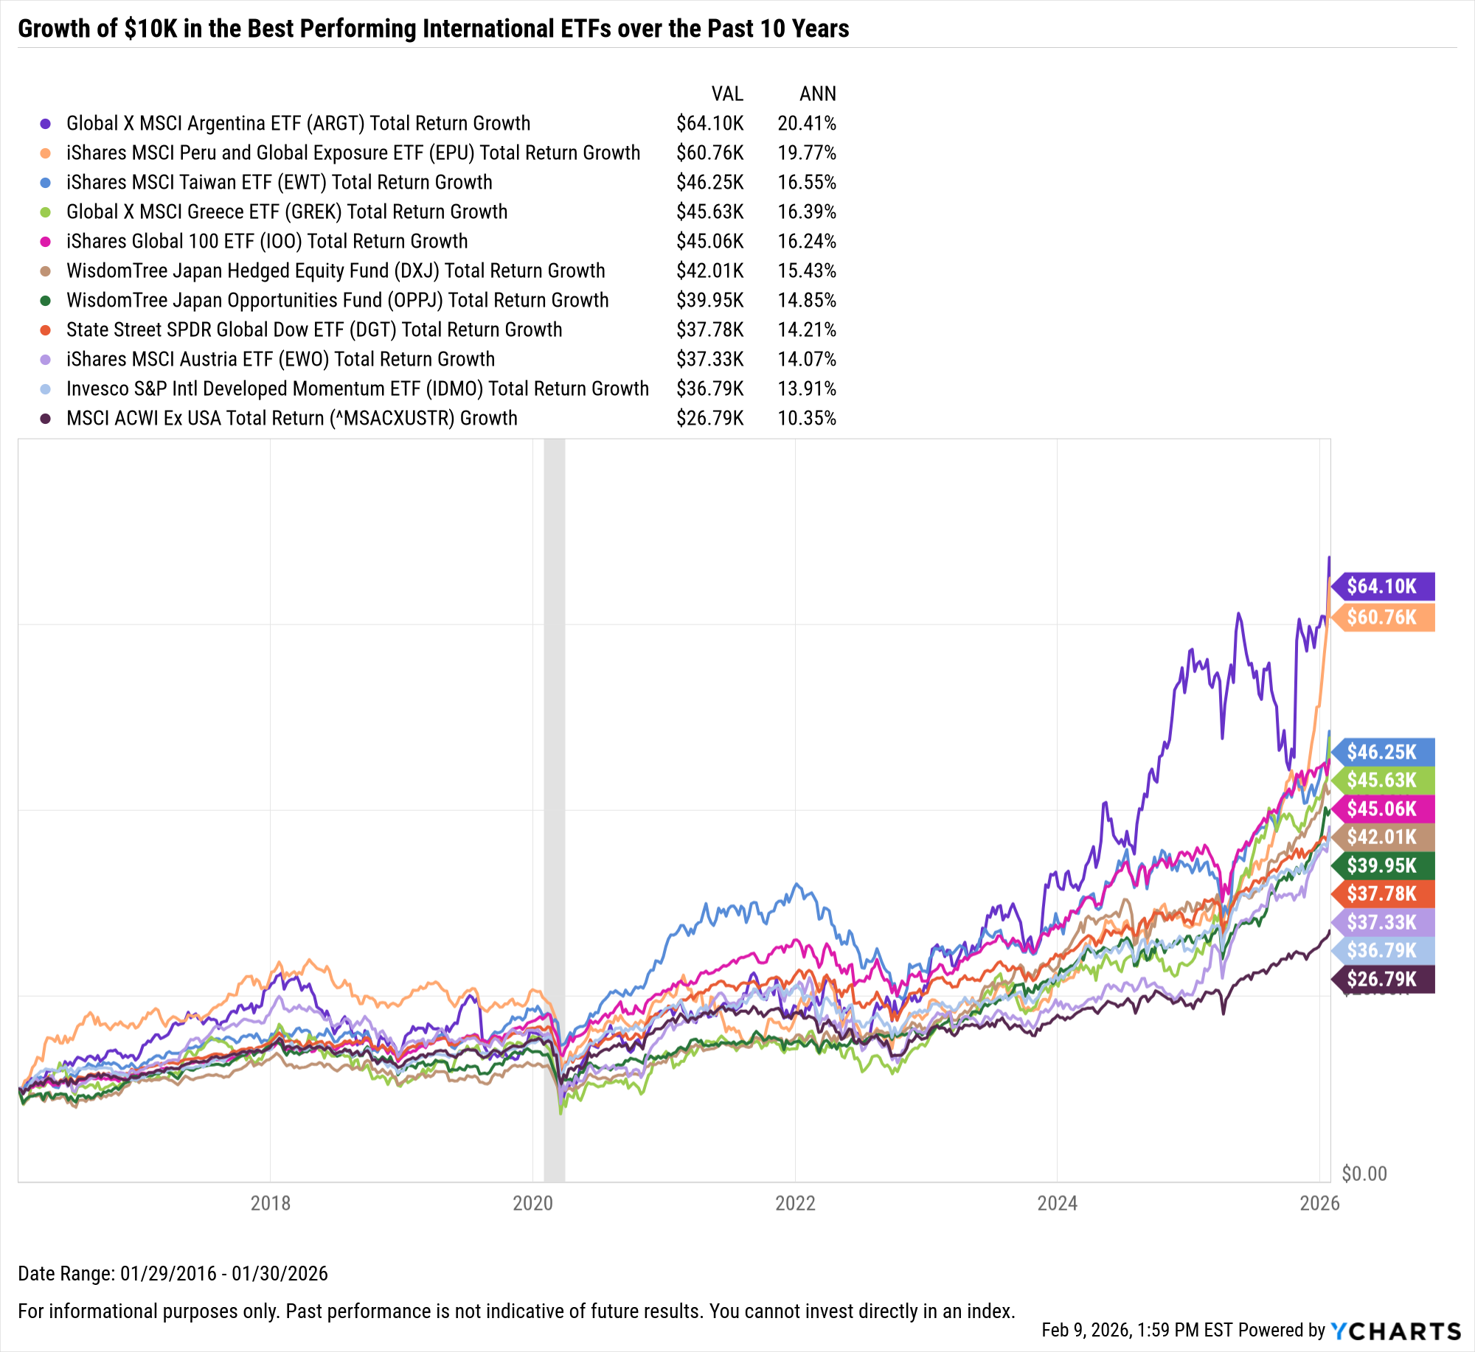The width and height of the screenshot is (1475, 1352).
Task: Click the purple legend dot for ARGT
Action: [46, 124]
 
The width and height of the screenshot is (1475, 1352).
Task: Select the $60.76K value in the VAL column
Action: [709, 153]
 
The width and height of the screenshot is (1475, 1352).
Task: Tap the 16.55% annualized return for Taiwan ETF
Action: [806, 183]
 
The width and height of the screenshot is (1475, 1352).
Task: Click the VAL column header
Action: [726, 94]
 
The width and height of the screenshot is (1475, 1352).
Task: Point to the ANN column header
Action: [817, 94]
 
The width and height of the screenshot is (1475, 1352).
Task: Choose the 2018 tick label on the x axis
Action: [271, 1203]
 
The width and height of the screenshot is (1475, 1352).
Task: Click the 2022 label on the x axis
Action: [795, 1203]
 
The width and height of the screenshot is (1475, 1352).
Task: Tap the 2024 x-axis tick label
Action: [1057, 1203]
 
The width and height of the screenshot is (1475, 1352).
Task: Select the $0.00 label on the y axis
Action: [1364, 1173]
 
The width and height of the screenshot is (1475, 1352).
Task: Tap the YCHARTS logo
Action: [1395, 1331]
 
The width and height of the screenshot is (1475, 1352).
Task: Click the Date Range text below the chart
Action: [173, 1273]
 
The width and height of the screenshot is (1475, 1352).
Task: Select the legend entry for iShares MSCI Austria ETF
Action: [280, 360]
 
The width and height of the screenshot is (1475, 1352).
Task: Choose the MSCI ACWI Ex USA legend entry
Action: [291, 419]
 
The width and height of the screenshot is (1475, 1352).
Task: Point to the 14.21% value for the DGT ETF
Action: [806, 330]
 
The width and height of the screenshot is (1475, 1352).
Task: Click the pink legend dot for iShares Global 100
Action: [46, 242]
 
